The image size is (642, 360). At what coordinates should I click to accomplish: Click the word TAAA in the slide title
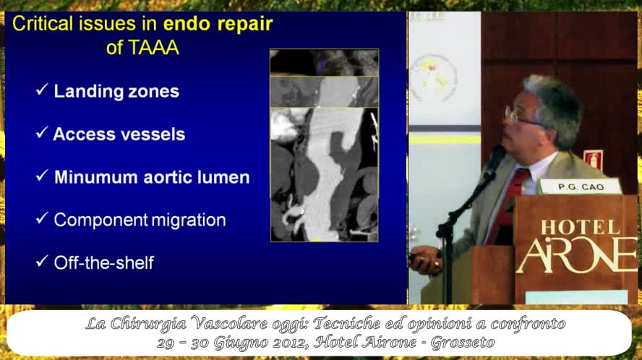click(143, 48)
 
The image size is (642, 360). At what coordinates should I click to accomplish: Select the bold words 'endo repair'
click(218, 24)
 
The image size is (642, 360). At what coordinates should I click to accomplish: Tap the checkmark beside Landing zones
click(42, 90)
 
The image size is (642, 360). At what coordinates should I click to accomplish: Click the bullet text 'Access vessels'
click(119, 134)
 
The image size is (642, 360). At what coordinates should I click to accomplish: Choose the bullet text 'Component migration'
click(140, 220)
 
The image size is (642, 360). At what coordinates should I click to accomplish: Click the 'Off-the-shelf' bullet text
click(104, 263)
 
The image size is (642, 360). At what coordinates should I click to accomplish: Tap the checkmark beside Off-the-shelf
click(42, 261)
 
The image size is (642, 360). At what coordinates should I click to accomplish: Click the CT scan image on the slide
click(325, 145)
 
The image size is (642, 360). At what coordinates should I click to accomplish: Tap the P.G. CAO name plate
click(581, 187)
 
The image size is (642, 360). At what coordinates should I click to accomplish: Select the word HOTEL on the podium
click(581, 228)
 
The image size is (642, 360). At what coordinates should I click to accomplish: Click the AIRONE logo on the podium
click(578, 256)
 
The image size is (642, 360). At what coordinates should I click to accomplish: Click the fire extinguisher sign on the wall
click(594, 160)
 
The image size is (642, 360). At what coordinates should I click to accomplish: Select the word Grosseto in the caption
click(463, 342)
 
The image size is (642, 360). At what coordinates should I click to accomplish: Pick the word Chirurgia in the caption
click(148, 324)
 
